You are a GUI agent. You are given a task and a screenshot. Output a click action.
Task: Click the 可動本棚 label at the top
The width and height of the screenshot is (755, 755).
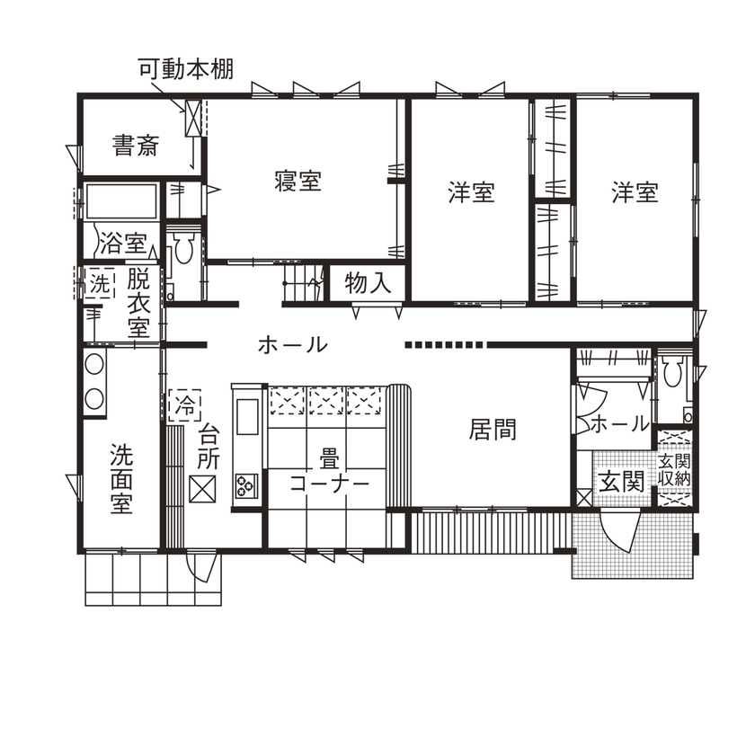coord(186,69)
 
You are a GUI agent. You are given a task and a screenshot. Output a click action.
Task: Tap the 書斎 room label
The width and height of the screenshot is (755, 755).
coord(136,145)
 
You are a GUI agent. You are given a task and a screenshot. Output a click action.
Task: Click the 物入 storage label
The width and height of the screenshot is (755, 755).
coord(369,283)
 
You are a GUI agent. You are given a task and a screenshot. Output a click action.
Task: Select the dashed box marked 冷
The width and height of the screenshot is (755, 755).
coord(184,404)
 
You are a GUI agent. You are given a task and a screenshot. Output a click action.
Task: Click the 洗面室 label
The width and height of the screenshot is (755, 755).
coord(122,477)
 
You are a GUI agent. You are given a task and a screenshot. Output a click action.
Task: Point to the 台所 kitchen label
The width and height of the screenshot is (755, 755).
coord(209,445)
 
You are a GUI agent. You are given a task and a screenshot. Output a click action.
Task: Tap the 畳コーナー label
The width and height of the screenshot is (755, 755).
coord(329,471)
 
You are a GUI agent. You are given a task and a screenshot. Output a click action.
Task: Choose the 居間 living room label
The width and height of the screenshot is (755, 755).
coord(493,429)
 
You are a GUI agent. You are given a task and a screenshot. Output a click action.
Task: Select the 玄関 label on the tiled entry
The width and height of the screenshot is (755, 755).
coord(620,480)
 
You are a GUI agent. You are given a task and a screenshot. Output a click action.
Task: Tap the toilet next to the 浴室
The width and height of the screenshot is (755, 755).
coord(183,249)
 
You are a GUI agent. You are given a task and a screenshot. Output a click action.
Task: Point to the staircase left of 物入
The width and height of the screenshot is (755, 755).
coord(304,285)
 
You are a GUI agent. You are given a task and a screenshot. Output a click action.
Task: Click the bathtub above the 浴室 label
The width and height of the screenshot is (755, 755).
coord(120,201)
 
